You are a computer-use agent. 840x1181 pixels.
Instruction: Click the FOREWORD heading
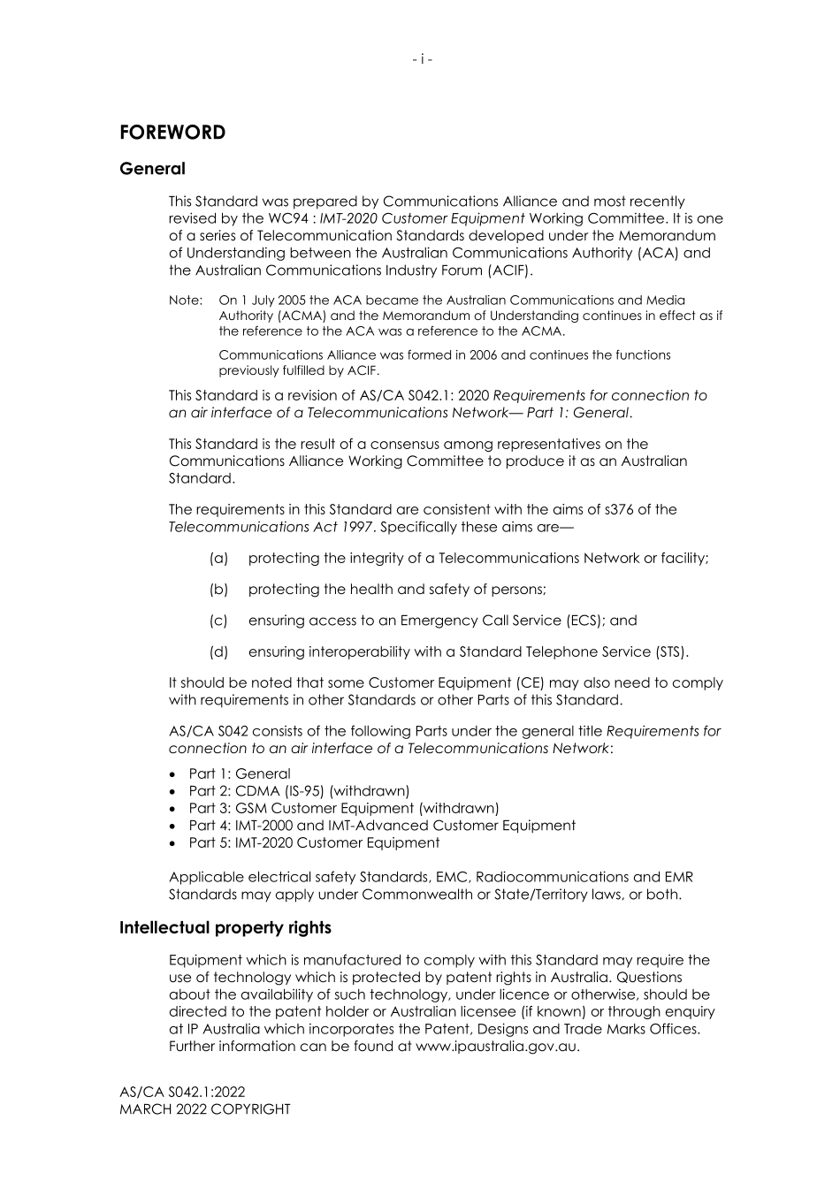pos(172,133)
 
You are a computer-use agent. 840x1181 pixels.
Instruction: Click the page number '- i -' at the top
pos(422,59)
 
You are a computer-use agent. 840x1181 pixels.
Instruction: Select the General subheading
pos(152,169)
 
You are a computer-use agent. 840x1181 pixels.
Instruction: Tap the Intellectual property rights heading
pos(225,927)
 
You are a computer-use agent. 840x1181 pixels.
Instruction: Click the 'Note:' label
pos(186,301)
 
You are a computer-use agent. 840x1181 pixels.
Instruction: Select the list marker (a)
pos(218,559)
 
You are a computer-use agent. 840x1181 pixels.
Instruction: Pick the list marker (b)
pos(218,590)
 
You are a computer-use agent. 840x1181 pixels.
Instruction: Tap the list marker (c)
pos(218,621)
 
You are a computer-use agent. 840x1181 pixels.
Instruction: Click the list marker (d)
pos(218,652)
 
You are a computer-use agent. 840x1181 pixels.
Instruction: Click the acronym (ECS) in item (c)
pos(584,621)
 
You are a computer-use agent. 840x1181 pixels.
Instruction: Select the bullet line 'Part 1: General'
pos(239,773)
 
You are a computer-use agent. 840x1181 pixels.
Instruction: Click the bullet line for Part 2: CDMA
pos(299,791)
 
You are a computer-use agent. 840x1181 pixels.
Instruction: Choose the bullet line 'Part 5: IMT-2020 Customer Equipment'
pos(314,842)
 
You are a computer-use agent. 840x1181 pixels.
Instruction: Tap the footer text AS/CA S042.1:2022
pos(182,1093)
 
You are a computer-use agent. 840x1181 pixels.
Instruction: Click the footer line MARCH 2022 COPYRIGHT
pos(204,1109)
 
